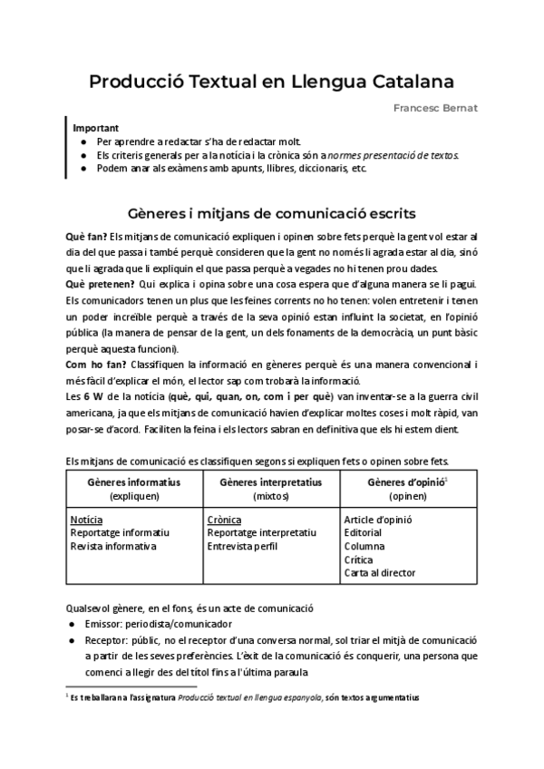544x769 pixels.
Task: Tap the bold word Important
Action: (95, 129)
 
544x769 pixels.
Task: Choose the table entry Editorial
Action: (364, 533)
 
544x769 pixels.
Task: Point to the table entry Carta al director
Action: (380, 573)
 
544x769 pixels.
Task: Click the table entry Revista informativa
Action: (113, 547)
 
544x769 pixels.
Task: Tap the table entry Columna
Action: (365, 547)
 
